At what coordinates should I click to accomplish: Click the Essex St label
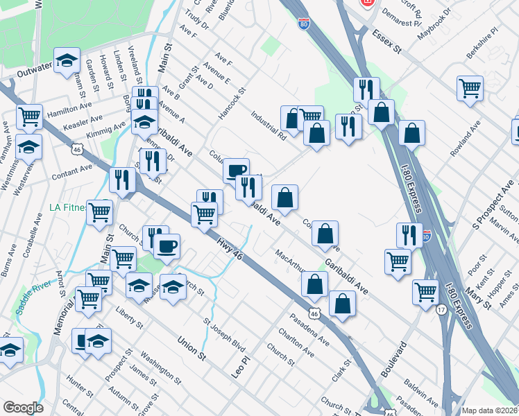[x=388, y=42]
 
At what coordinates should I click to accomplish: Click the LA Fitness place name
[x=68, y=207]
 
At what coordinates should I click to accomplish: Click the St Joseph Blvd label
[x=224, y=336]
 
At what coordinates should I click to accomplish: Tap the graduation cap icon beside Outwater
[x=67, y=60]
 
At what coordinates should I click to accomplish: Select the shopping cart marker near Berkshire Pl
[x=470, y=88]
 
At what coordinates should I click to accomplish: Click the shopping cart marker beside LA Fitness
[x=99, y=211]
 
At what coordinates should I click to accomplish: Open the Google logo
[x=23, y=407]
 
